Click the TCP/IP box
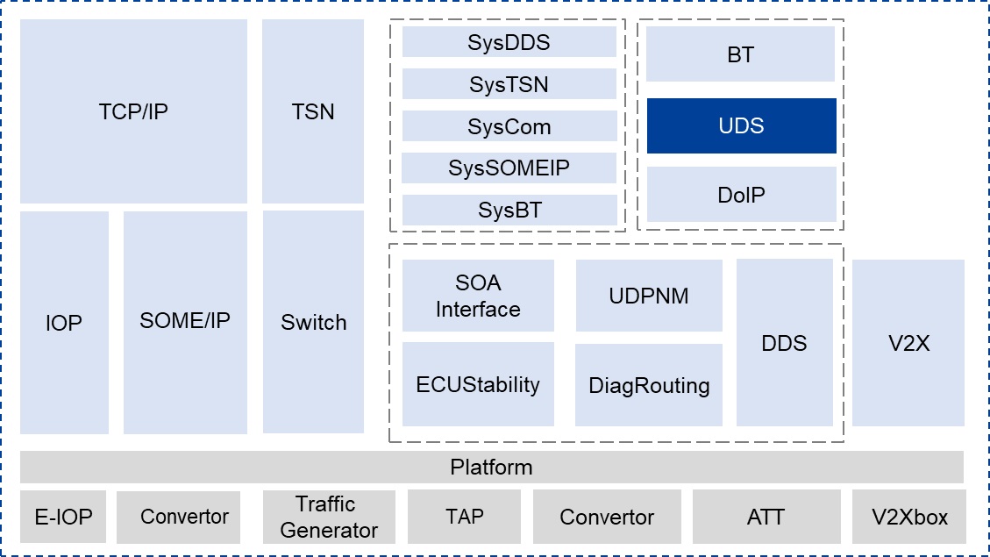click(133, 111)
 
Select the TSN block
click(313, 111)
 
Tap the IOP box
click(64, 323)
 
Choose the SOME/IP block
click(185, 321)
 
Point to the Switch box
click(313, 322)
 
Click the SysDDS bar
click(509, 42)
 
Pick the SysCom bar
click(509, 126)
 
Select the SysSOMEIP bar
click(509, 168)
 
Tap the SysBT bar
click(509, 210)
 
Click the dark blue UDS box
click(741, 125)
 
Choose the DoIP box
click(741, 194)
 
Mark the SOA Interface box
click(478, 296)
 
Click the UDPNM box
click(649, 296)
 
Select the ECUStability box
click(478, 384)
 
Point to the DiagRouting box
click(649, 385)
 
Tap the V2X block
click(908, 343)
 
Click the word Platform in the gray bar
click(491, 467)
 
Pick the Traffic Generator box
click(329, 517)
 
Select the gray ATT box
click(766, 517)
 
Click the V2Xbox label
click(908, 517)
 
